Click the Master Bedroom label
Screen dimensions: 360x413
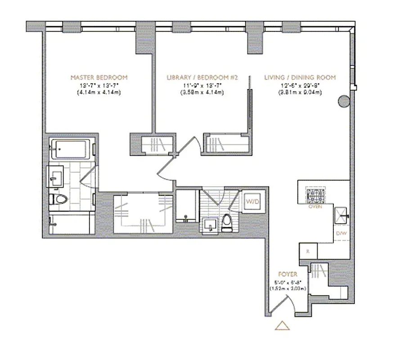(x=99, y=77)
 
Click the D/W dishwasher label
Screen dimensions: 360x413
(x=341, y=233)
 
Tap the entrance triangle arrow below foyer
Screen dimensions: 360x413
(x=282, y=325)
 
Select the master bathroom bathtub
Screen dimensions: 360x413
(x=72, y=149)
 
